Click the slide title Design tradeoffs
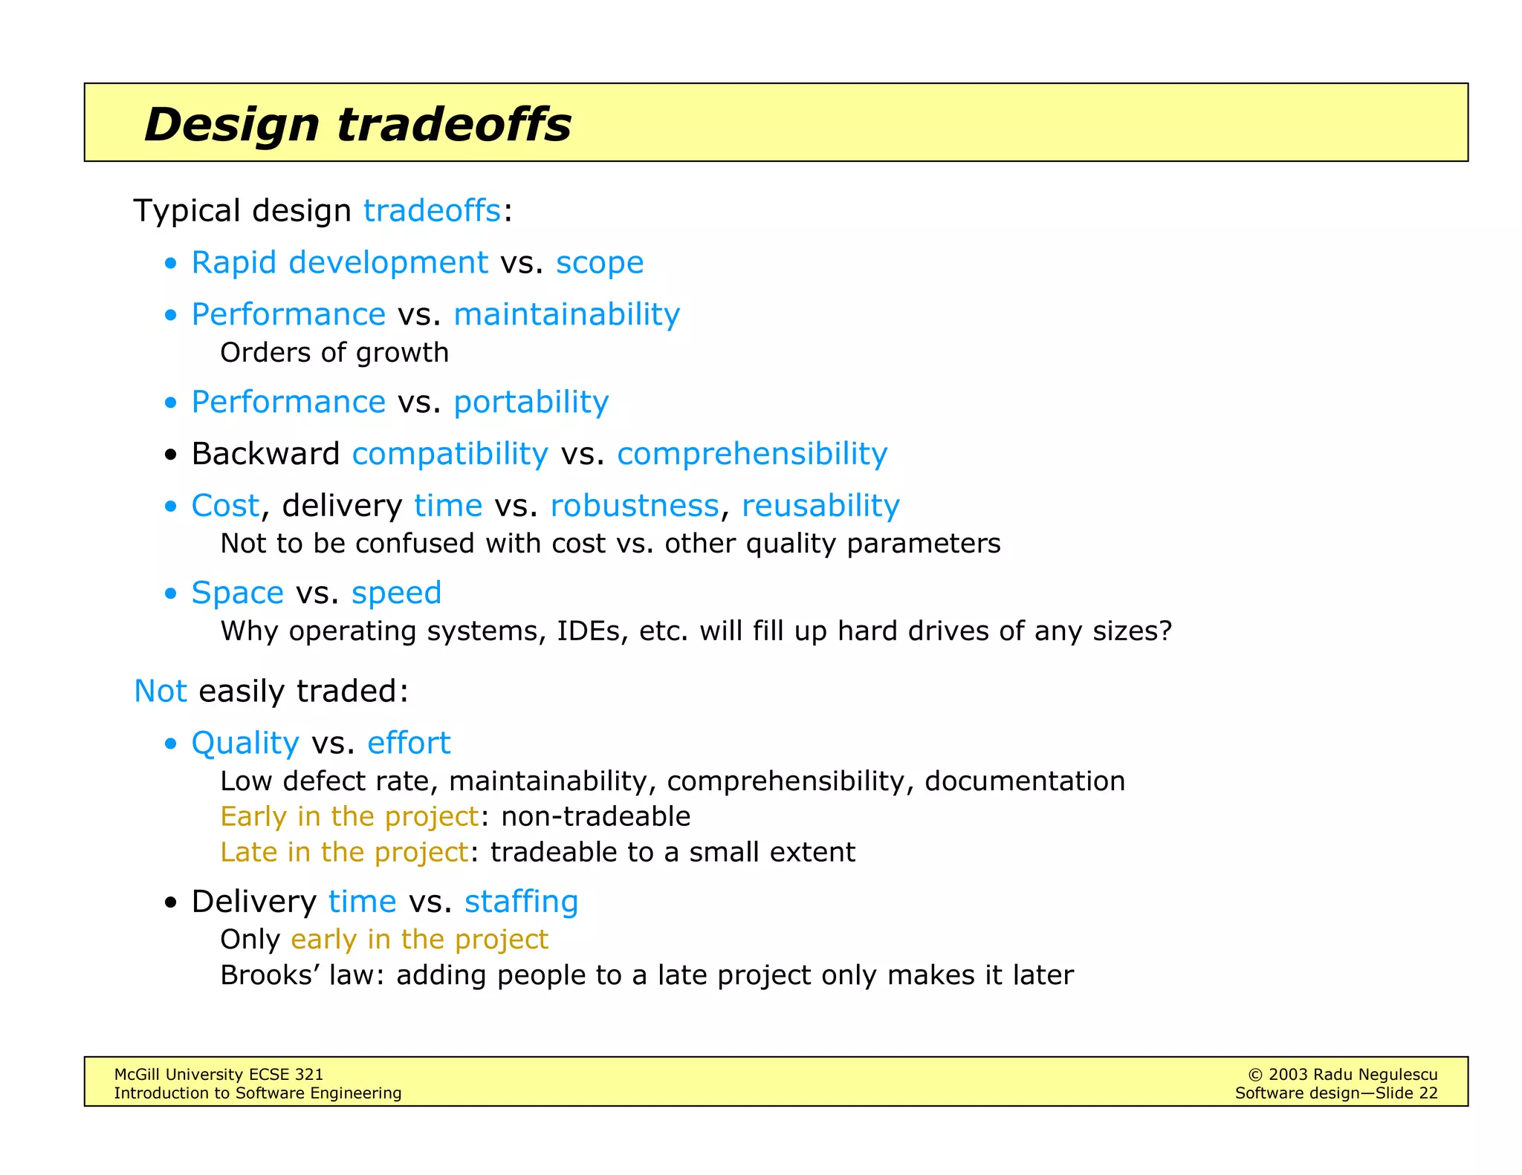pyautogui.click(x=357, y=124)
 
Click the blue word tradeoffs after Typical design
pyautogui.click(x=432, y=211)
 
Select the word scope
pyautogui.click(x=599, y=263)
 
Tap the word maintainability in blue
pyautogui.click(x=566, y=314)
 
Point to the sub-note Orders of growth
pyautogui.click(x=334, y=353)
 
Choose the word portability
pyautogui.click(x=531, y=402)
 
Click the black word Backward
pyautogui.click(x=265, y=454)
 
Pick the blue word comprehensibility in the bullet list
pyautogui.click(x=751, y=454)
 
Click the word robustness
pyautogui.click(x=634, y=506)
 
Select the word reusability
pyautogui.click(x=820, y=506)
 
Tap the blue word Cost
pyautogui.click(x=225, y=506)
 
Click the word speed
pyautogui.click(x=396, y=593)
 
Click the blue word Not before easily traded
pyautogui.click(x=160, y=691)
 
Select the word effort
pyautogui.click(x=409, y=743)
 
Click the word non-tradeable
pyautogui.click(x=595, y=816)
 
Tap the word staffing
pyautogui.click(x=521, y=902)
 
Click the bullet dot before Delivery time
pyautogui.click(x=171, y=903)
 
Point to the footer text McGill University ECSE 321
pyautogui.click(x=218, y=1074)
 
